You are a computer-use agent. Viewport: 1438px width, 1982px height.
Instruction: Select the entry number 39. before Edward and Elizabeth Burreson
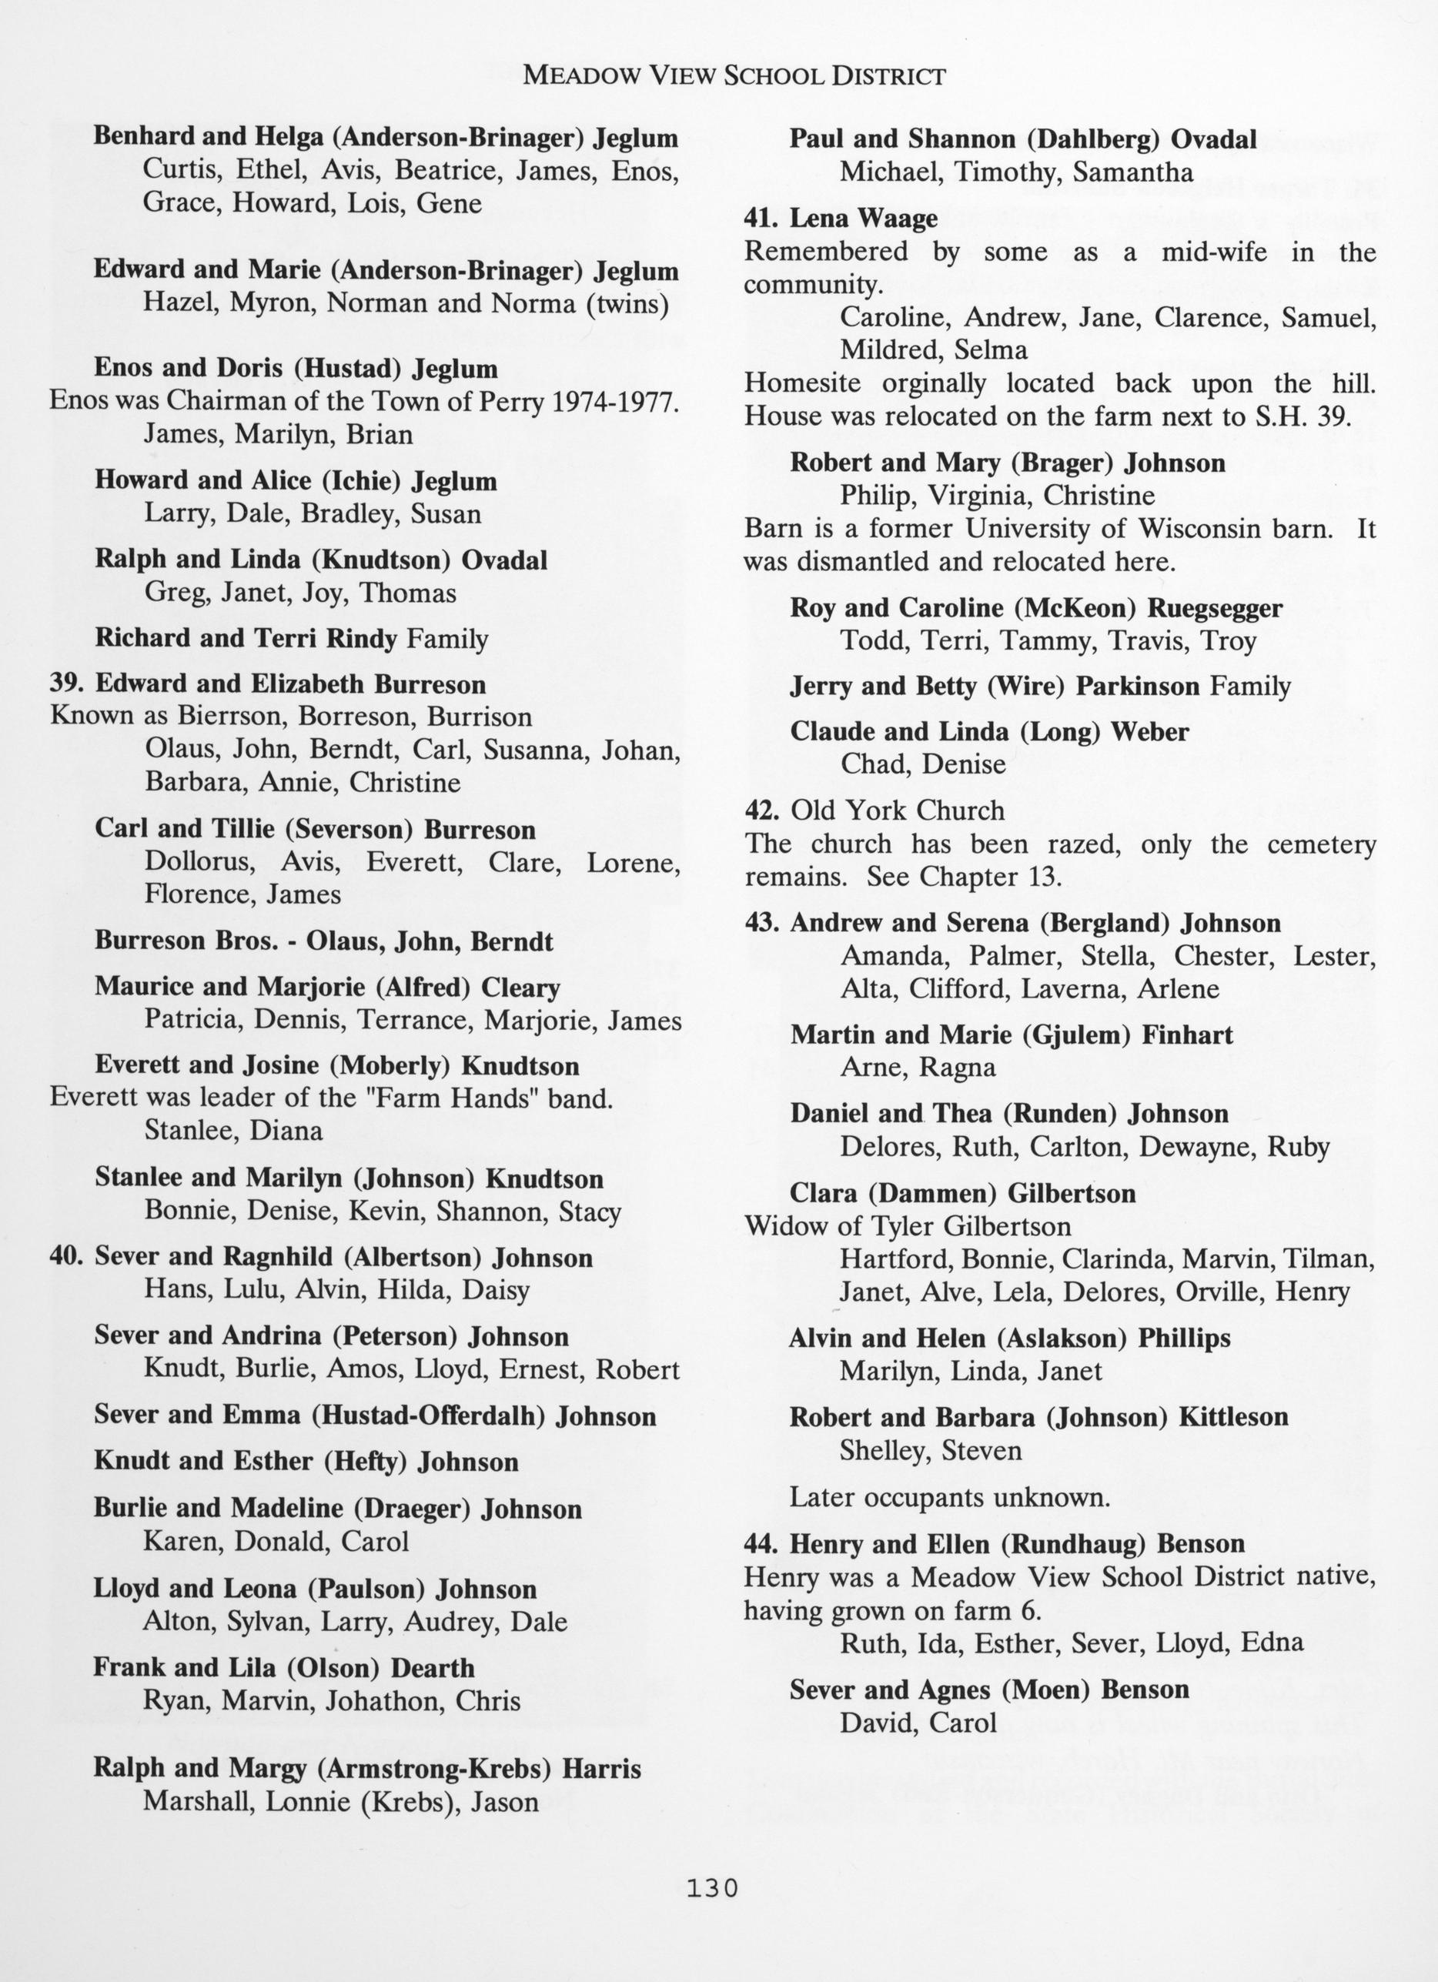pyautogui.click(x=69, y=684)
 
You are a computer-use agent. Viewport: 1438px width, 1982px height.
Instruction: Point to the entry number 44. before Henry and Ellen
pyautogui.click(x=762, y=1544)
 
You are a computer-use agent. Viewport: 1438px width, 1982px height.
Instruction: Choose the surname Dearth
pyautogui.click(x=432, y=1667)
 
